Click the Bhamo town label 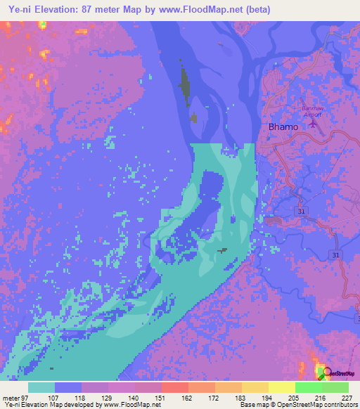point(283,126)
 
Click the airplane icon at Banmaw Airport point(314,125)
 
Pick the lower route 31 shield point(335,254)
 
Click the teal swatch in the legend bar point(41,387)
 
